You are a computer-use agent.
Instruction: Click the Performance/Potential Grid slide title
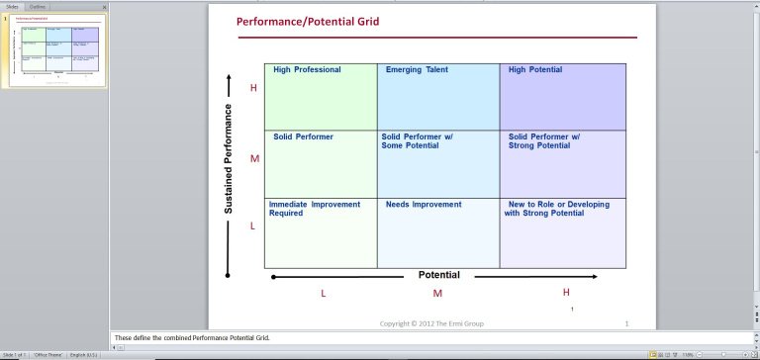pos(308,21)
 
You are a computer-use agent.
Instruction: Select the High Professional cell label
pos(307,70)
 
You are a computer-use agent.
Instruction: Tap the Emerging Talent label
pos(417,70)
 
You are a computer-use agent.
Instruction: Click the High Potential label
pos(535,70)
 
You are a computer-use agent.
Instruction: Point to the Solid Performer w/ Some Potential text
pos(417,140)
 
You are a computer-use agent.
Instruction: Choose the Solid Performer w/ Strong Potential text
pos(544,140)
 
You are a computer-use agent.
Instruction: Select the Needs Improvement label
pos(424,205)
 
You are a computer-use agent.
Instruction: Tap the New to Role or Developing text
pos(558,205)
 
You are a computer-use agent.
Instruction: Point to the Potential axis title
pos(439,275)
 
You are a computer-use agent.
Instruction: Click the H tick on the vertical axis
pos(253,88)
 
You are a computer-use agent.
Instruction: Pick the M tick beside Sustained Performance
pos(254,159)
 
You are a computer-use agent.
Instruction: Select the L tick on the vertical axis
pos(253,226)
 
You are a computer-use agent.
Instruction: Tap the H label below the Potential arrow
pos(566,292)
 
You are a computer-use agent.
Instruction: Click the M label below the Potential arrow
pos(437,294)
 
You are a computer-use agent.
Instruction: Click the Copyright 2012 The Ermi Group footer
pos(432,323)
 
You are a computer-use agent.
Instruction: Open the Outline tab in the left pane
pos(37,6)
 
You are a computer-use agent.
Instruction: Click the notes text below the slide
pos(192,337)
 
